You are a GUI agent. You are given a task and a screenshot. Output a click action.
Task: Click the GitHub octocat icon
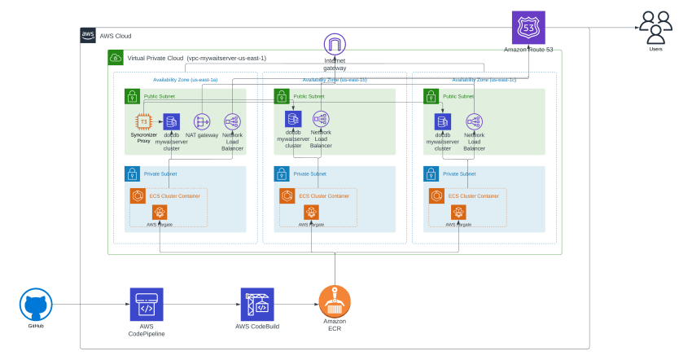tap(35, 305)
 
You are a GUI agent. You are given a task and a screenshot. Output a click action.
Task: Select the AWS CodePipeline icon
tap(147, 305)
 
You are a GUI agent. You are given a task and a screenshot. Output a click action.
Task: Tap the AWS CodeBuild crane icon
tap(257, 305)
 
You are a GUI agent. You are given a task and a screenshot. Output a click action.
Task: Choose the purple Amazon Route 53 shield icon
tap(528, 29)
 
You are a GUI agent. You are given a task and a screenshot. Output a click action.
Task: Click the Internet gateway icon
tap(335, 45)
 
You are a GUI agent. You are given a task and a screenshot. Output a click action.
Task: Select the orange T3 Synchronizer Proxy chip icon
tap(144, 121)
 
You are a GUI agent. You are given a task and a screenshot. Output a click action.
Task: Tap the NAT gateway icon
tap(201, 121)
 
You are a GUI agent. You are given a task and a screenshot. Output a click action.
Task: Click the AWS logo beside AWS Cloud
tap(88, 35)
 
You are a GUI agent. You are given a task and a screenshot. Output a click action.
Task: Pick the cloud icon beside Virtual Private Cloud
tap(116, 58)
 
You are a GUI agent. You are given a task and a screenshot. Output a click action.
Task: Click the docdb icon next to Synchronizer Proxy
tap(171, 121)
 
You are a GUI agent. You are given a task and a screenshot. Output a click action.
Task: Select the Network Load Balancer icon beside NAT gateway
tap(230, 121)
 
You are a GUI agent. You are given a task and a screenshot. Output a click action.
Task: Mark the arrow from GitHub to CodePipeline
tap(90, 305)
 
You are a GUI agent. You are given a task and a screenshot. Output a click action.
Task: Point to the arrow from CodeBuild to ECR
tap(296, 305)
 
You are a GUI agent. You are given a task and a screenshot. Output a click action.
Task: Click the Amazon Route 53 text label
tap(528, 50)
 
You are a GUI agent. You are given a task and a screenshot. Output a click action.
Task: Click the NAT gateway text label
tap(201, 134)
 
